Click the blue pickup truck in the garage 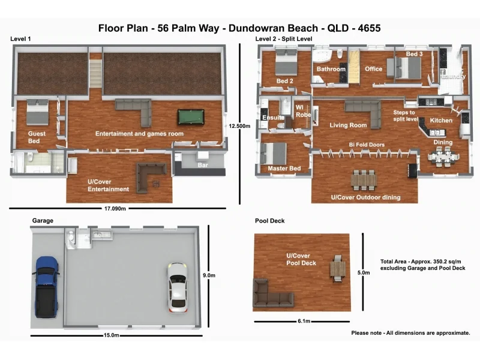tap(47, 287)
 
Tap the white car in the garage tap(178, 287)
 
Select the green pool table tap(191, 116)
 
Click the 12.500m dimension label tap(239, 126)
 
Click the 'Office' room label tap(374, 69)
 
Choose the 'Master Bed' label tap(284, 169)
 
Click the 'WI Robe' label tap(302, 110)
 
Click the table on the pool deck tap(338, 268)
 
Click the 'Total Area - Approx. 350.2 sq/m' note tap(422, 262)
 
